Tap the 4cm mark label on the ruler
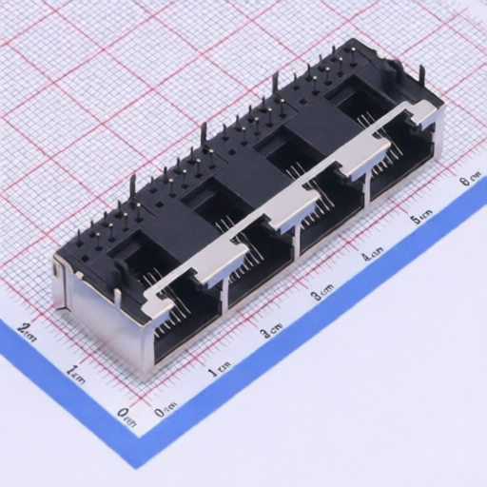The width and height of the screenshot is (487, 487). coord(372,254)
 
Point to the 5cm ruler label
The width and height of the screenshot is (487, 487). coord(421,219)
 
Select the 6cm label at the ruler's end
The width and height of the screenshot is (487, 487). coord(468,180)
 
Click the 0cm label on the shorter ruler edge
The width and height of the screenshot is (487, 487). coord(124,414)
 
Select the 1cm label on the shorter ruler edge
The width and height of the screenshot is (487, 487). coord(76,372)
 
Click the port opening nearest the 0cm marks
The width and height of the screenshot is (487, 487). coord(185,314)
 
